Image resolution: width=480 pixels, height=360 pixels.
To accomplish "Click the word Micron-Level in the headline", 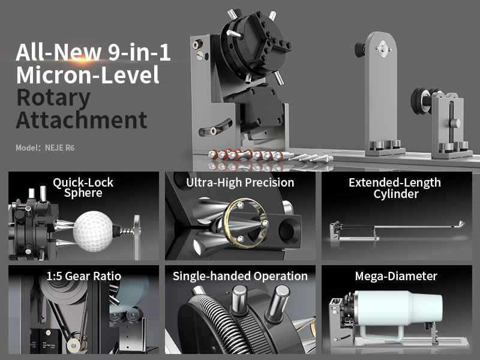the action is pyautogui.click(x=88, y=74).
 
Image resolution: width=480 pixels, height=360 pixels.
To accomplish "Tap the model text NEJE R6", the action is pyautogui.click(x=59, y=148).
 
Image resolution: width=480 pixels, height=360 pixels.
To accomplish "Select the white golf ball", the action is pyautogui.click(x=93, y=232).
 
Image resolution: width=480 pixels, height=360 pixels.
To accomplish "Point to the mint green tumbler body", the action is pyautogui.click(x=398, y=307).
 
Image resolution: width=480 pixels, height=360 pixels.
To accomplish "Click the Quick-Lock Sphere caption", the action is pyautogui.click(x=83, y=188).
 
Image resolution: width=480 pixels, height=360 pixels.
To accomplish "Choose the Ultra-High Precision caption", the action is pyautogui.click(x=240, y=183).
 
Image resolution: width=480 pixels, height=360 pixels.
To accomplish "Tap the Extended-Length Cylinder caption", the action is pyautogui.click(x=395, y=188).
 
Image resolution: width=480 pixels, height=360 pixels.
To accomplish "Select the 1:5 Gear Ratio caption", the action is pyautogui.click(x=83, y=276).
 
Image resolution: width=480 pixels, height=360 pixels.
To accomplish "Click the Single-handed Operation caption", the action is pyautogui.click(x=240, y=276).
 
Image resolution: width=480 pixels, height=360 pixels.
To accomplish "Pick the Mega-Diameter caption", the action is pyautogui.click(x=396, y=276).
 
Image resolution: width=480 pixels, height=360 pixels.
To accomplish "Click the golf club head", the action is pyautogui.click(x=460, y=224).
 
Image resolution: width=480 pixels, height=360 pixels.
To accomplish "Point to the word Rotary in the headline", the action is pyautogui.click(x=53, y=98).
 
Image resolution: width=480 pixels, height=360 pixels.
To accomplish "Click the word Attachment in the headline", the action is pyautogui.click(x=82, y=120).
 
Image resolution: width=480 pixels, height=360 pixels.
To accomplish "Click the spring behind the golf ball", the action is pyautogui.click(x=127, y=231).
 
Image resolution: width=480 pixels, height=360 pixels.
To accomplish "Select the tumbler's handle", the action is pyautogui.click(x=380, y=332).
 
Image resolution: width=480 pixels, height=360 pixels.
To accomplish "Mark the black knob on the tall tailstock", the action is pyautogui.click(x=361, y=49).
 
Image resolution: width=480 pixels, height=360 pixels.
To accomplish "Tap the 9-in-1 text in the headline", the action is pyautogui.click(x=139, y=52).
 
